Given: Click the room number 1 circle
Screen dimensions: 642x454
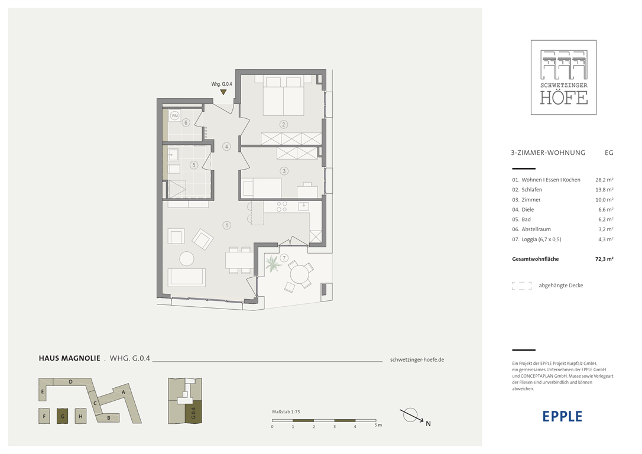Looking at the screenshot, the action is coord(226,225).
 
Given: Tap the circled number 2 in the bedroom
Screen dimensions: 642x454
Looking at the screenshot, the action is coord(283,125).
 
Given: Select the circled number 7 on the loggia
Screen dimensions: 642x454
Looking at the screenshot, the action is coord(284,258).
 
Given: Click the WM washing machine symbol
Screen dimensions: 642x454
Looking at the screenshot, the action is coord(175,116).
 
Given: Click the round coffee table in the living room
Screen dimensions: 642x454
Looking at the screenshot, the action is coord(187,259).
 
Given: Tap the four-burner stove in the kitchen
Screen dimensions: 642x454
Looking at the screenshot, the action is coord(282,207).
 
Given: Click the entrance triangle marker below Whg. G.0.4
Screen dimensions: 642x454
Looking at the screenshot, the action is coord(223,92).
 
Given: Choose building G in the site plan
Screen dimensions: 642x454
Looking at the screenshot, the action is coord(62,416).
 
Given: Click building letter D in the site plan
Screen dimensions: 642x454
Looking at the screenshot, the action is coord(71,382).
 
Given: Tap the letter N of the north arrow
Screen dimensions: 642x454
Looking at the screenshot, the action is coord(428,424).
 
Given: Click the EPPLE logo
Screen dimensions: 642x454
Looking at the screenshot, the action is coord(562,416).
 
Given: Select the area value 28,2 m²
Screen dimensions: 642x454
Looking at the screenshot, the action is coord(604,180).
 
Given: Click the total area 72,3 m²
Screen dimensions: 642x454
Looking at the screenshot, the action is coord(604,259).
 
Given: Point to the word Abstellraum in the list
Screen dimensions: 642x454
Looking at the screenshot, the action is coord(536,229).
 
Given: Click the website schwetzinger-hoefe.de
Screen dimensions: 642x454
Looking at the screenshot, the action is coord(417,360).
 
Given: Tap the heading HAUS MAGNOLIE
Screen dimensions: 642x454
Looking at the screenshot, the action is coord(70,358).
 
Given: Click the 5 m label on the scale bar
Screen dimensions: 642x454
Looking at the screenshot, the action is coord(378,426).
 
